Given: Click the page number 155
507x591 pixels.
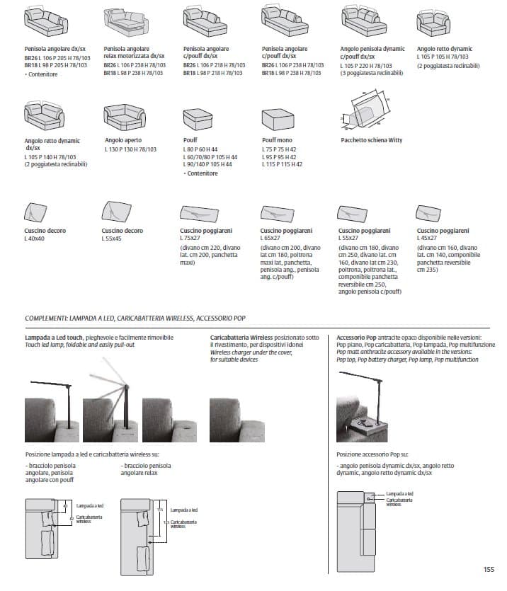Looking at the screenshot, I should (x=488, y=568).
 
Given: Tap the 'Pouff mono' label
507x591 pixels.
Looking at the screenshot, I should (x=277, y=140).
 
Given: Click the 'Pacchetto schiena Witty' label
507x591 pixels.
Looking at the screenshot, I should (x=371, y=140).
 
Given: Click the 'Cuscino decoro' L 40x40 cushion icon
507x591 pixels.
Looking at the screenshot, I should (x=36, y=212).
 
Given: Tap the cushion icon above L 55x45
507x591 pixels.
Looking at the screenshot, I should (x=115, y=211).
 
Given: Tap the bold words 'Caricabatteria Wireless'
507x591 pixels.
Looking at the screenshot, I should (x=241, y=338).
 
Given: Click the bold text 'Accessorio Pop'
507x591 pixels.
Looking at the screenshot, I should (x=356, y=338).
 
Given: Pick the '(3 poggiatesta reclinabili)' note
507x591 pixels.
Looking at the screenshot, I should (x=372, y=72).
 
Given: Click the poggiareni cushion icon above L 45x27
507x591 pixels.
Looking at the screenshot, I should (x=428, y=212).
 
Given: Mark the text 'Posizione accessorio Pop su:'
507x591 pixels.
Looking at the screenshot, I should (x=372, y=454).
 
